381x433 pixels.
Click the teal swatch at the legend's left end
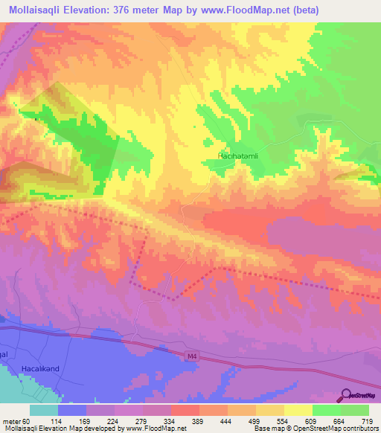(43, 410)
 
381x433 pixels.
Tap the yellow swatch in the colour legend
(298, 410)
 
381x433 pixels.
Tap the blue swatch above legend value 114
(71, 410)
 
